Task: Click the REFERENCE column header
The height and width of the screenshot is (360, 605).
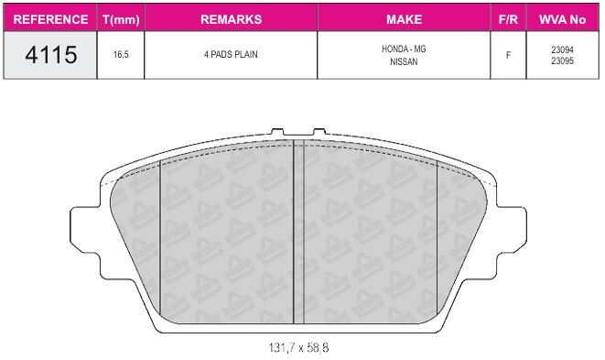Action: [x=50, y=19]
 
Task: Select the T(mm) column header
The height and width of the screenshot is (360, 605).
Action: [x=121, y=20]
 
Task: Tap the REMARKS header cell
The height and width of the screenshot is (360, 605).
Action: [x=232, y=19]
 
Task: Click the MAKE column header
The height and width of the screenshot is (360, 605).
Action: [x=404, y=19]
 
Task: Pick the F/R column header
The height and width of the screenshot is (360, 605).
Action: [x=508, y=19]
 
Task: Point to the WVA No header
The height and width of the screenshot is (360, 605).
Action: [x=562, y=19]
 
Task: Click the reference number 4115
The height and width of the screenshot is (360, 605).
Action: [x=51, y=54]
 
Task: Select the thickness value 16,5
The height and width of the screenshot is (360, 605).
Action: [x=121, y=54]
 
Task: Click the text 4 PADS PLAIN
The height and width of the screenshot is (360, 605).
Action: [x=231, y=54]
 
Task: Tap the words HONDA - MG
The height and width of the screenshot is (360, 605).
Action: [x=404, y=49]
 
